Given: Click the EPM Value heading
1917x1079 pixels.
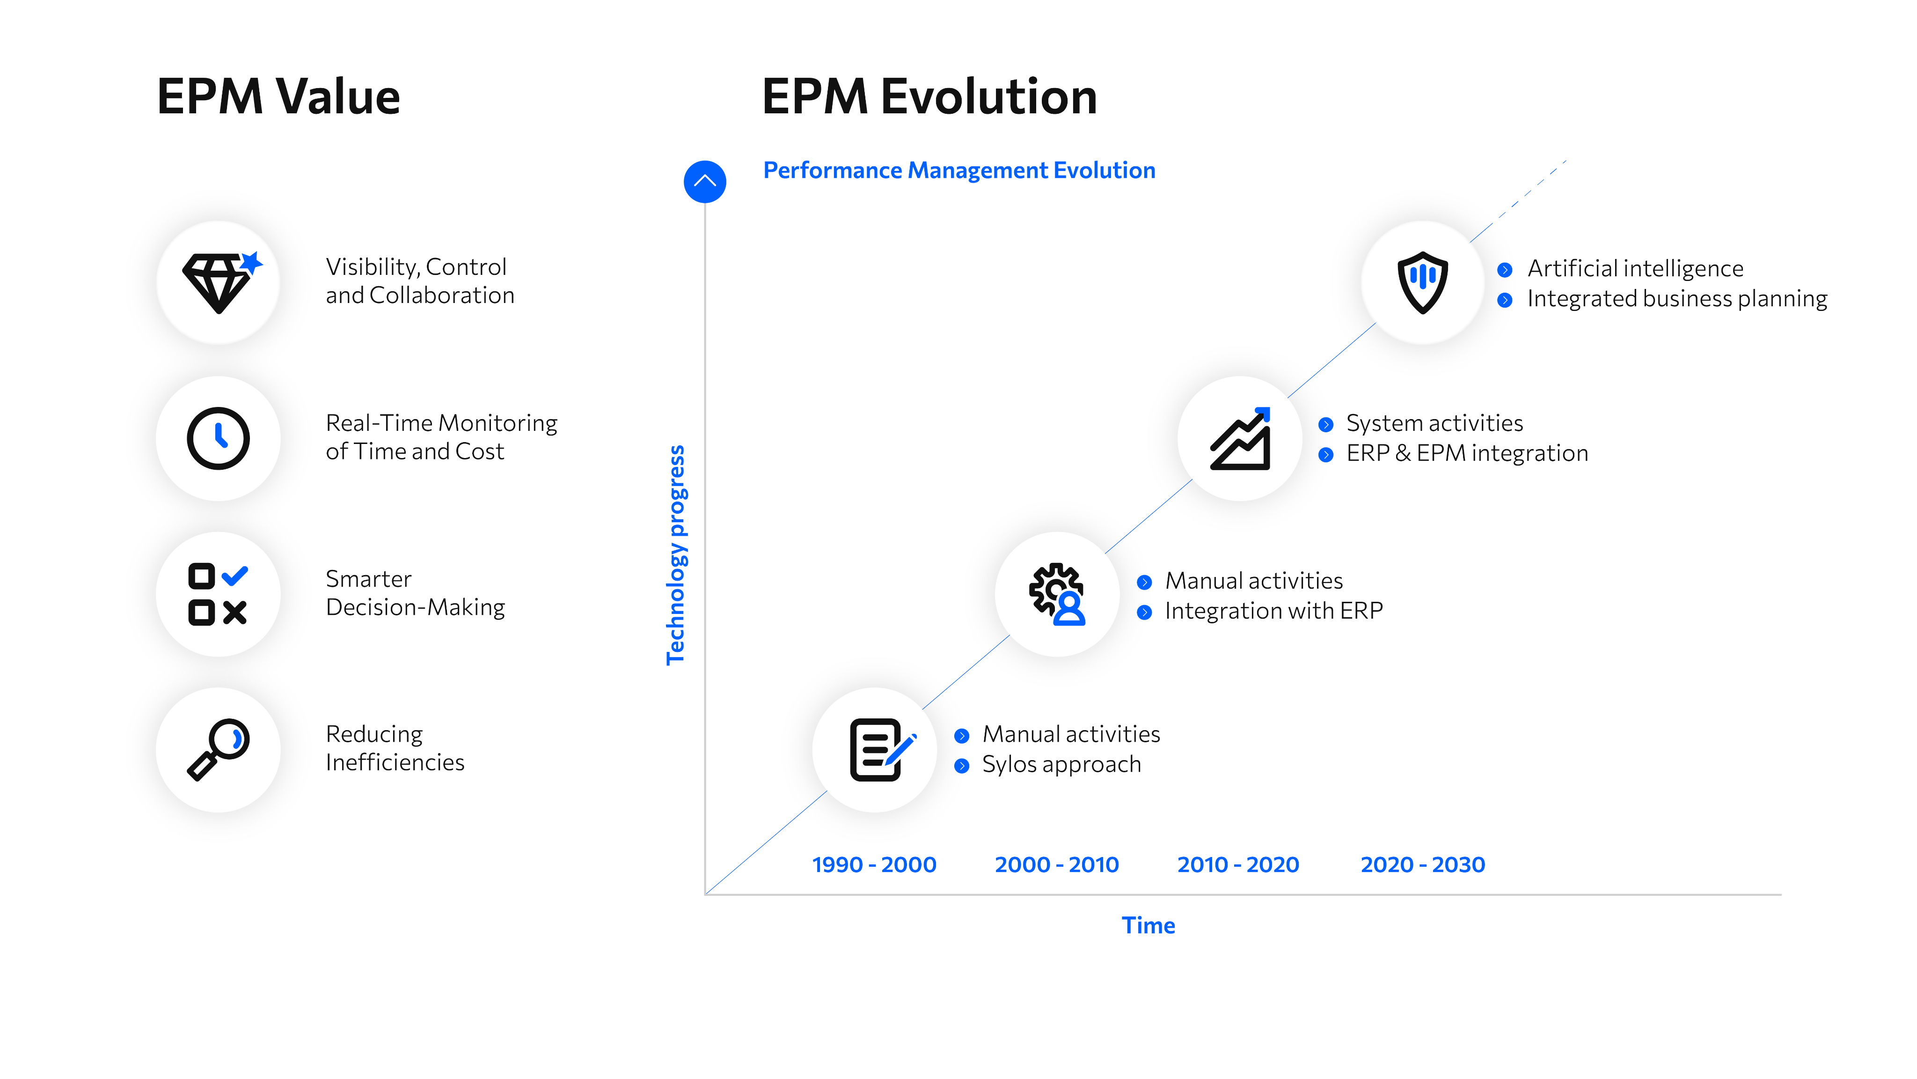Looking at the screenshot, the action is pyautogui.click(x=278, y=97).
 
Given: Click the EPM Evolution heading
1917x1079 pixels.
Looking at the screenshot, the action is pyautogui.click(x=929, y=97).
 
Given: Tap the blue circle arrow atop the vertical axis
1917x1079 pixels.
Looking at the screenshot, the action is pyautogui.click(x=705, y=182).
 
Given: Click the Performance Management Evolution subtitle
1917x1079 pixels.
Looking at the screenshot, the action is pyautogui.click(x=959, y=170).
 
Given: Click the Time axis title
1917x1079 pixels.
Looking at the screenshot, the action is pyautogui.click(x=1148, y=925).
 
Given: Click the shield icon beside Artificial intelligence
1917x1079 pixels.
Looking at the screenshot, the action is pyautogui.click(x=1423, y=282).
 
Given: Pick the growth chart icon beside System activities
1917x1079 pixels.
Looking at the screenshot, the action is pyautogui.click(x=1241, y=439).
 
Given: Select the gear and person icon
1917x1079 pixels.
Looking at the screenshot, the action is pyautogui.click(x=1057, y=594).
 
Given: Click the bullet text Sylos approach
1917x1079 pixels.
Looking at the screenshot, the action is pyautogui.click(x=1061, y=765).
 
